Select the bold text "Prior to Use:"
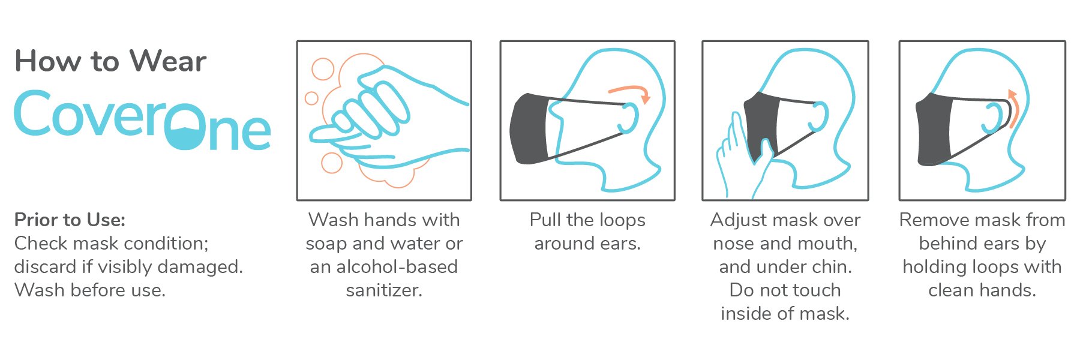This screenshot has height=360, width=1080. [x=70, y=220]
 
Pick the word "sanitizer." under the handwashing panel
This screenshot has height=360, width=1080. [x=384, y=290]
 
